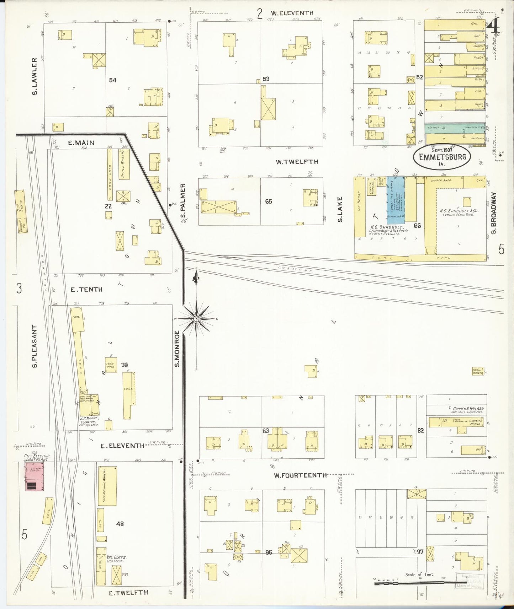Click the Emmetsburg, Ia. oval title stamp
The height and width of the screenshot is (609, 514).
click(x=442, y=157)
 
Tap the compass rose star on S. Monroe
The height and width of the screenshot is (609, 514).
click(x=196, y=319)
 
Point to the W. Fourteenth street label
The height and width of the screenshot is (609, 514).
click(x=300, y=475)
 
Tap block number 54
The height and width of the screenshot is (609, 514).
click(x=113, y=80)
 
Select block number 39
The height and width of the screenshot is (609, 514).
click(x=124, y=365)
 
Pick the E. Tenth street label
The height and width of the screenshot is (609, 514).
click(x=86, y=290)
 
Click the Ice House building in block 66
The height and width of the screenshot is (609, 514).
click(x=359, y=206)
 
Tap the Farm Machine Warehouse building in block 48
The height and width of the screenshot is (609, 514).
click(x=107, y=486)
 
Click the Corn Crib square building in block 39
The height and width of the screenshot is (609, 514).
click(x=111, y=365)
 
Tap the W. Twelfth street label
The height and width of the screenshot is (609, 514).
click(x=297, y=162)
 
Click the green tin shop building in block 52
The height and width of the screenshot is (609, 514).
click(x=455, y=127)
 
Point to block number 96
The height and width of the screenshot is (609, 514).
click(x=269, y=562)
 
